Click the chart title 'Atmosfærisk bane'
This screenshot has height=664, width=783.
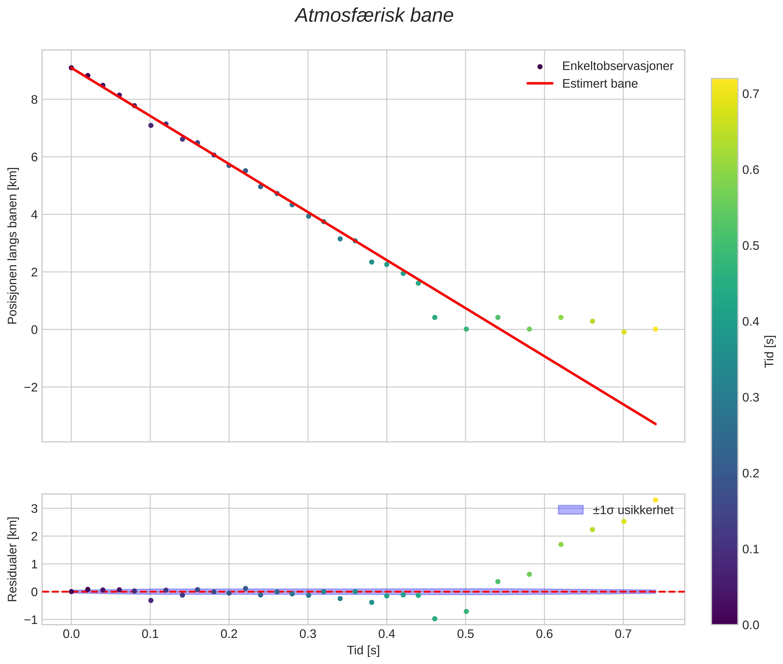coord(374,16)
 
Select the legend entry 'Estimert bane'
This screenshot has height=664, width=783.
coord(600,84)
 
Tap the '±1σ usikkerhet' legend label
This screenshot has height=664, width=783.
coord(633,510)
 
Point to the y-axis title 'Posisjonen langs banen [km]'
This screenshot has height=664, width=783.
coord(12,246)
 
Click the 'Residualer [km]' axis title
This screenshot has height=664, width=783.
coord(12,559)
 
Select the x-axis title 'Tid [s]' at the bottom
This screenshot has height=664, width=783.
coord(363,650)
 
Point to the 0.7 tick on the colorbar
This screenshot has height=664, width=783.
coord(750,94)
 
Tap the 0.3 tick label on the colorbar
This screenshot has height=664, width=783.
coord(750,398)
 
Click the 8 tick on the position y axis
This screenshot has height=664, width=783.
coord(35,100)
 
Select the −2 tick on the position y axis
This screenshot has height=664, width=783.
coord(31,387)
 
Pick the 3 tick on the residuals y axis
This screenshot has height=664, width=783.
coord(35,509)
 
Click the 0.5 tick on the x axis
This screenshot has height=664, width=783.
coord(465,634)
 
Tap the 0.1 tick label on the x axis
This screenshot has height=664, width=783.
coord(150,634)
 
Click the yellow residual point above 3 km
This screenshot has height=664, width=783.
coord(655,500)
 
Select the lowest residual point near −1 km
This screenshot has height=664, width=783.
coord(435,619)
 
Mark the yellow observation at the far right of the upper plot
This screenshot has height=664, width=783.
coord(655,329)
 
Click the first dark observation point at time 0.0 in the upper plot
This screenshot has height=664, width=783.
coord(71,68)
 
